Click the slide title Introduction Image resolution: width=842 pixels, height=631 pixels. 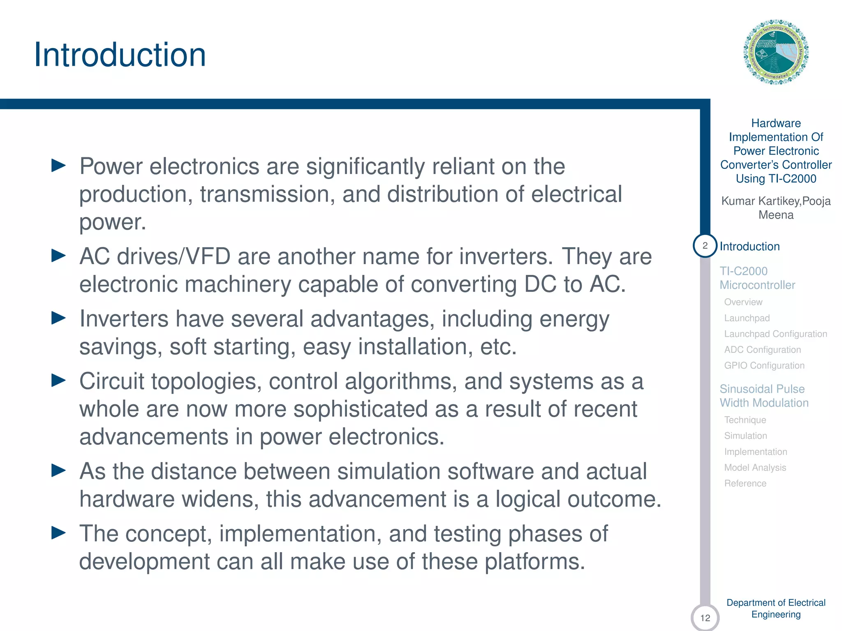point(120,55)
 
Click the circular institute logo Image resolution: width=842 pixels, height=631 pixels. point(776,52)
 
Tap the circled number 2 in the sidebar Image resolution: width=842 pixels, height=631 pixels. point(705,246)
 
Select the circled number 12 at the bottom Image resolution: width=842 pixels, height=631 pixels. point(705,617)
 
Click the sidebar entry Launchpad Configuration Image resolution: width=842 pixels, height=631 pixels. point(775,334)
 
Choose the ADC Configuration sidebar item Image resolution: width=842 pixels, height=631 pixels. point(762,350)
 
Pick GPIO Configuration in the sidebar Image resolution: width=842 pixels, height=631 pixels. point(764,366)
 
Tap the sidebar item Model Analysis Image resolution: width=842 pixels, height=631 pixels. point(755,467)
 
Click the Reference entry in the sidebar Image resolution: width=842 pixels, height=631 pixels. point(745,484)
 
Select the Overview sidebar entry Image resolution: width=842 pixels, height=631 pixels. point(743,302)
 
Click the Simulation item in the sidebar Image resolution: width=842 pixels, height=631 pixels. point(745,436)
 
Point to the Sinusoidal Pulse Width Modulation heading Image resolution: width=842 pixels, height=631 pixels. point(764,396)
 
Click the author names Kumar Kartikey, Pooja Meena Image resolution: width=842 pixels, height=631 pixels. point(776,208)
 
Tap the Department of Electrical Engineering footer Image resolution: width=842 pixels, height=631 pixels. point(776,608)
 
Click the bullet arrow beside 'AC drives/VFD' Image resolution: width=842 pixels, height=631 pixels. point(58,256)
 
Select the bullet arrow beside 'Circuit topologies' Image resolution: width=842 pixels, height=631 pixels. point(58,381)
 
